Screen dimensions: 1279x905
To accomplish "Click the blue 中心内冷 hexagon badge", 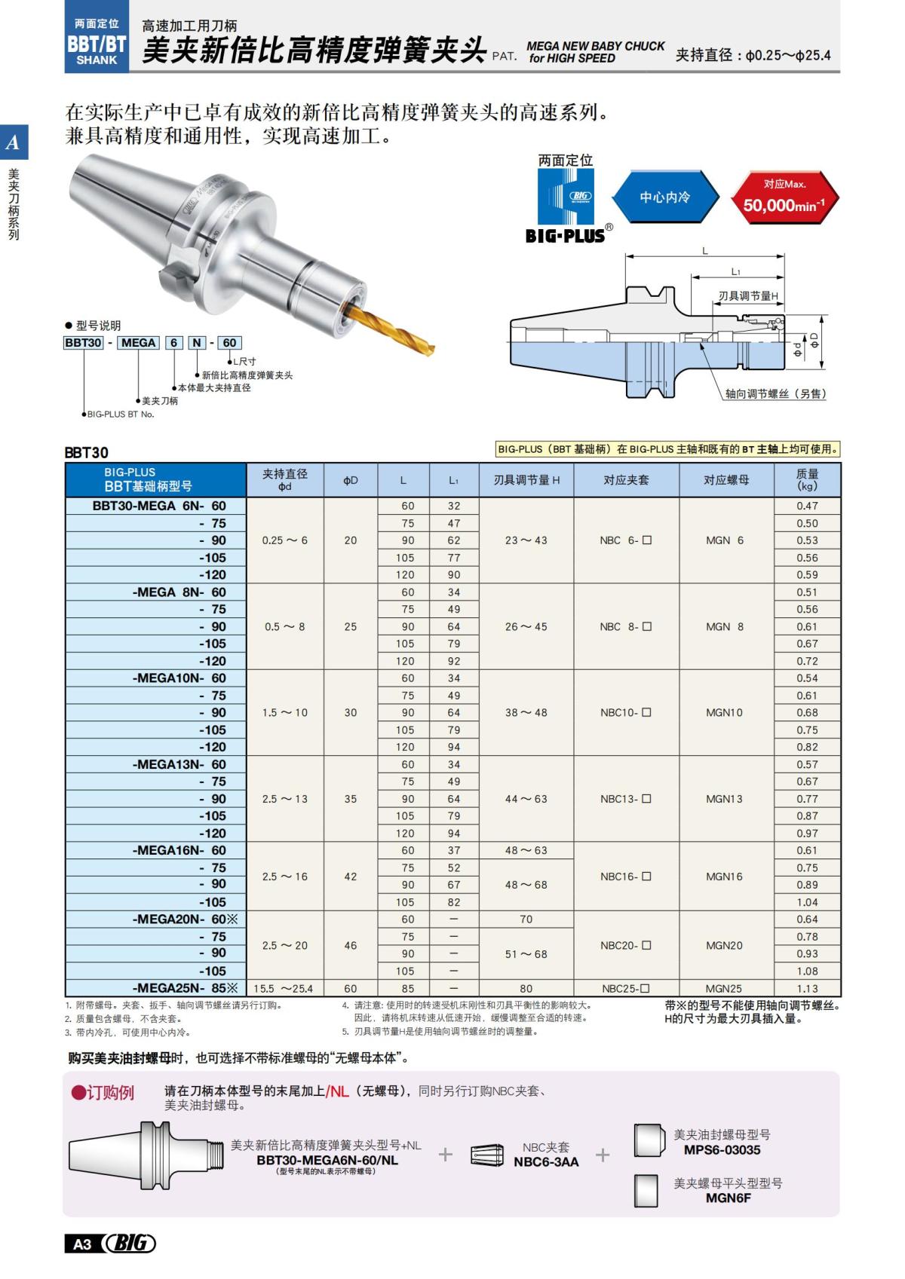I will point(664,197).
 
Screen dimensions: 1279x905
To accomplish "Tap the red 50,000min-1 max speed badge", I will point(784,197).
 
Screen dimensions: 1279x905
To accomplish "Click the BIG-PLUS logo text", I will point(566,236).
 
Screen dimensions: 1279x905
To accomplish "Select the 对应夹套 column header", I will point(626,480).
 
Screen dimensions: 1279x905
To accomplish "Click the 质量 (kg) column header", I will point(807,480).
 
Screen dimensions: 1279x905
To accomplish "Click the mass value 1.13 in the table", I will point(807,989).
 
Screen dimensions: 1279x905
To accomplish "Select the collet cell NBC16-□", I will point(626,877).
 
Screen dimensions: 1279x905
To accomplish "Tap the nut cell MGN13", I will point(724,799).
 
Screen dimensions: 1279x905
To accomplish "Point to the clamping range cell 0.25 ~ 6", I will point(285,540).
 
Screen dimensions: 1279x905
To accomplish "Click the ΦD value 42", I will point(351,877).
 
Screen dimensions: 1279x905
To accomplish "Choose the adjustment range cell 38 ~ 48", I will point(526,712).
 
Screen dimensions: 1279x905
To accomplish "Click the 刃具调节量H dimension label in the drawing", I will point(747,296).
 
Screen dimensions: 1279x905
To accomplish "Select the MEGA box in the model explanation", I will point(138,343).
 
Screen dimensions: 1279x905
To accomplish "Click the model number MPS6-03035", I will point(722,1150).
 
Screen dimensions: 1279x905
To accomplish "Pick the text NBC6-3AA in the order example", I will point(546,1162).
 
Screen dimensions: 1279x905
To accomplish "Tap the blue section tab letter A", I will point(13,142).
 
